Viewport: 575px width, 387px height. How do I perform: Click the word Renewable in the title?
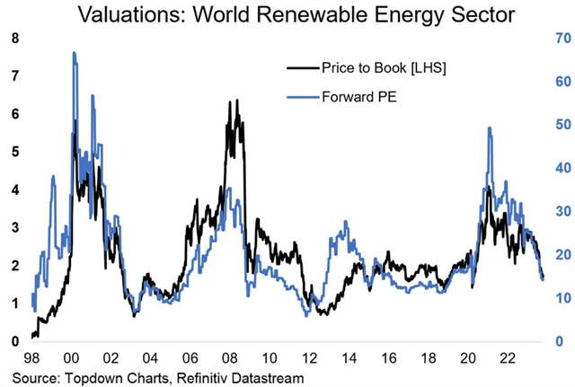[x=314, y=15]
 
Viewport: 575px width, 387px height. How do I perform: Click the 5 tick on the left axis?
[x=13, y=152]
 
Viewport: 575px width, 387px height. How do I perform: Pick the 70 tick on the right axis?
[x=557, y=39]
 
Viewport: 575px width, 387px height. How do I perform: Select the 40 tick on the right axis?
[x=557, y=168]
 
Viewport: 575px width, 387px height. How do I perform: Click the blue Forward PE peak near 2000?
[x=74, y=53]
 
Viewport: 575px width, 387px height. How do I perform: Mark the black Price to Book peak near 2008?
[x=236, y=101]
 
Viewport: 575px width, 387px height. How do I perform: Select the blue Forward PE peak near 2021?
[x=489, y=128]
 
